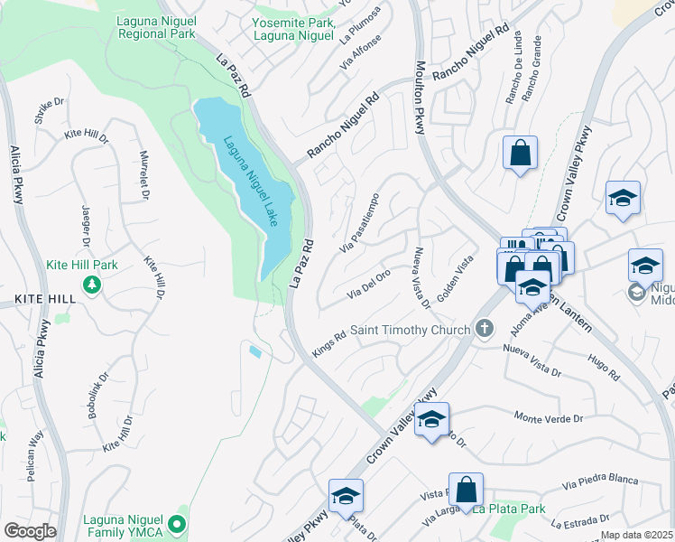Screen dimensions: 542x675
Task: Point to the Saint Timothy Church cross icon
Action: tap(485, 329)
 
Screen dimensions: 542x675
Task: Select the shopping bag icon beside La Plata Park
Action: tap(466, 490)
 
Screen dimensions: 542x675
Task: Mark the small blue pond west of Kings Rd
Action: tap(255, 351)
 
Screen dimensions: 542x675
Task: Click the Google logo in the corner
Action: tap(30, 530)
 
